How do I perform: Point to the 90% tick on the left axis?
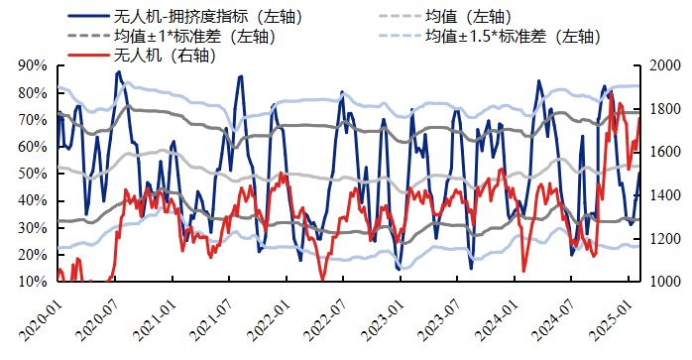[x=33, y=65]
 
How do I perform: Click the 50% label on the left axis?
[x=33, y=174]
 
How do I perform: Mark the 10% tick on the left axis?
[x=33, y=282]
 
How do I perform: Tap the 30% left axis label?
[x=33, y=228]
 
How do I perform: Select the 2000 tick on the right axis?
[x=663, y=65]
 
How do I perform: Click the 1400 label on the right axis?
[x=663, y=195]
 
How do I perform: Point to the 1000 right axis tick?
[x=663, y=282]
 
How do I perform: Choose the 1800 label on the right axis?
[x=663, y=109]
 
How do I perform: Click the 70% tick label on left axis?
[x=33, y=120]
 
